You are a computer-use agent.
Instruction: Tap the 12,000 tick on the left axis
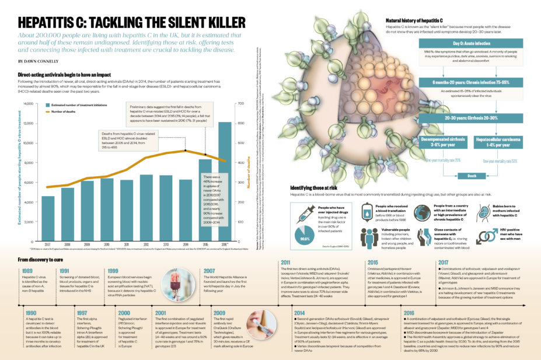point(29,123)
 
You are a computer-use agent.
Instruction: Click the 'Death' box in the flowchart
point(472,175)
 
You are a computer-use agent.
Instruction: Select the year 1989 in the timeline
point(27,271)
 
